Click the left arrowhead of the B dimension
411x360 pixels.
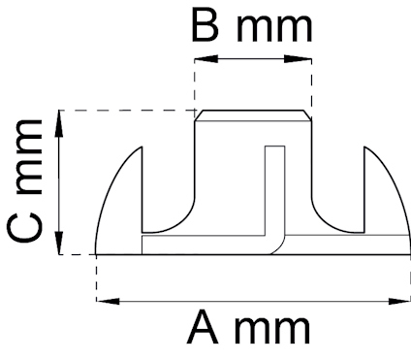coord(202,60)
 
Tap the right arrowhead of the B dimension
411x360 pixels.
coord(305,60)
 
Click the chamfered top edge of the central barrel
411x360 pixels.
coord(254,115)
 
